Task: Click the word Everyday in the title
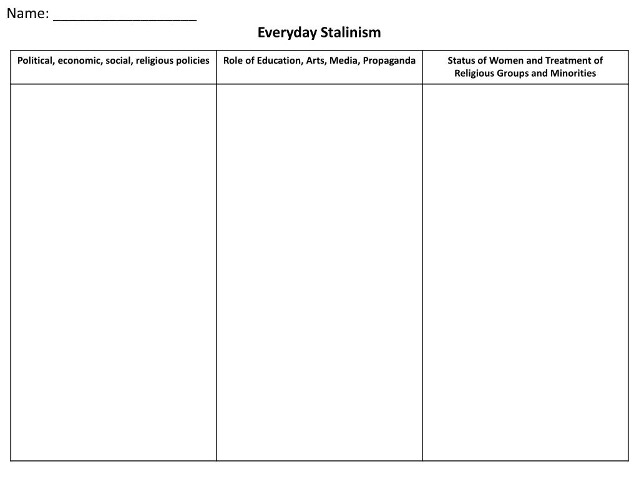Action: pos(287,32)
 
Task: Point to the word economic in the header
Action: pos(77,60)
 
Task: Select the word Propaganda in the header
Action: pos(387,60)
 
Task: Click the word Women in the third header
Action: pos(506,60)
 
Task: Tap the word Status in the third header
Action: pos(462,60)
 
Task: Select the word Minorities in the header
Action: pos(572,73)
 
